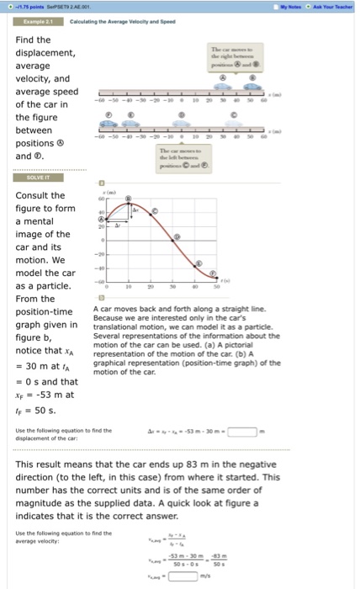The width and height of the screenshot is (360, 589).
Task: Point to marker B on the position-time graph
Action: pos(128,199)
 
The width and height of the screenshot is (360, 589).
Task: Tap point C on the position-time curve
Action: pos(153,209)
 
